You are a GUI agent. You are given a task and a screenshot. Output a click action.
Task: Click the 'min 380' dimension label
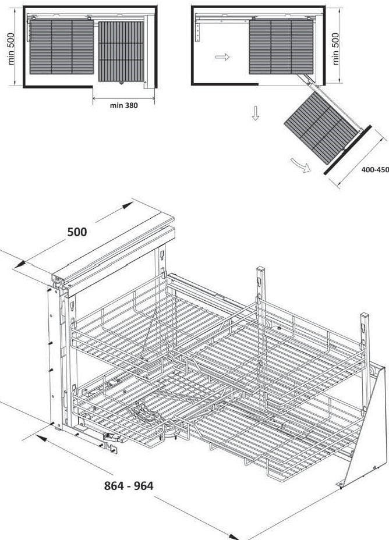[123, 106]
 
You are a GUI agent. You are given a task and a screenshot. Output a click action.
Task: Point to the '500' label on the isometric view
[77, 232]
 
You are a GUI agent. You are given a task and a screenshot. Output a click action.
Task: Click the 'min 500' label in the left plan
[11, 49]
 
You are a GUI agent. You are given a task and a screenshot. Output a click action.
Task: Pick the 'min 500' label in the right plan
[334, 49]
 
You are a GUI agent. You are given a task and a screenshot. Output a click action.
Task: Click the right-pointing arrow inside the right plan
[222, 57]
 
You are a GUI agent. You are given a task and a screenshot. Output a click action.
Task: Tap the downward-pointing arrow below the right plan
[254, 115]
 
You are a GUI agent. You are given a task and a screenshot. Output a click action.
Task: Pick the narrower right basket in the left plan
[121, 51]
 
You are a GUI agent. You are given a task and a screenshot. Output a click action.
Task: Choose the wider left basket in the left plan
[61, 48]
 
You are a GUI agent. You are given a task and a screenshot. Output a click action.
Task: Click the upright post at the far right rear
[363, 337]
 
